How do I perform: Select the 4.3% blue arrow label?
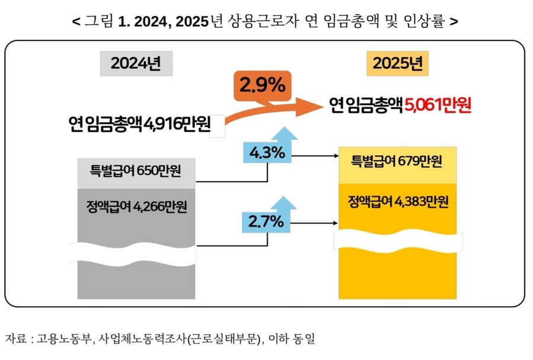coord(267,152)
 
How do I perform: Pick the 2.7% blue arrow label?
coord(266,223)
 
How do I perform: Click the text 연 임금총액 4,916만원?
coord(139,125)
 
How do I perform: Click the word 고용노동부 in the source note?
coord(65,339)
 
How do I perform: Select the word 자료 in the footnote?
coord(15,339)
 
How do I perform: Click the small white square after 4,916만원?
coord(217,126)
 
